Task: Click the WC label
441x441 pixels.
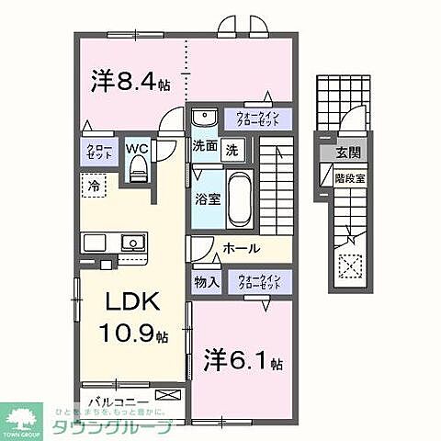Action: tap(137, 148)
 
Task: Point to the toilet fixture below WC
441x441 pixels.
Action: tap(138, 167)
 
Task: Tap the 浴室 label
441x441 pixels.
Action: tap(206, 198)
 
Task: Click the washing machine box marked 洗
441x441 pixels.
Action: tap(232, 149)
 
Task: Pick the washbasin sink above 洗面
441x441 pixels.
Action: tap(204, 118)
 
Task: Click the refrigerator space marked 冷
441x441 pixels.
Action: tap(95, 187)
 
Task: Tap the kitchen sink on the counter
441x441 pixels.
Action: tap(131, 244)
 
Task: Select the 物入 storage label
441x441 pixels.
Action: tap(206, 282)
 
